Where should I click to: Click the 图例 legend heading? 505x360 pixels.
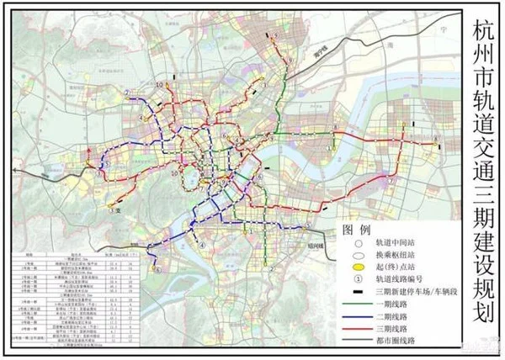(356, 229)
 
